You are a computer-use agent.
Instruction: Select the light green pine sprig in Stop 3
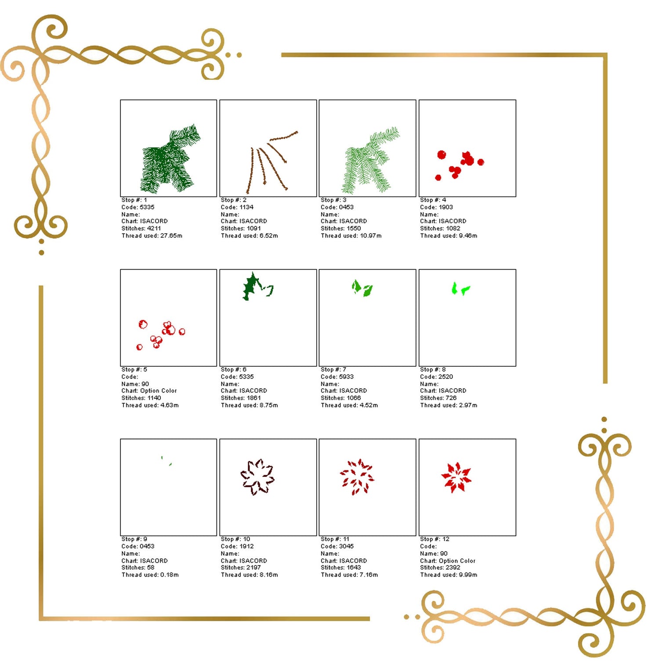369,160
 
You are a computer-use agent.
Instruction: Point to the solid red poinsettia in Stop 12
456,477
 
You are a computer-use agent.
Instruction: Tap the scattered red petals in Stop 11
357,477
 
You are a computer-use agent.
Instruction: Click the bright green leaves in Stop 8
460,289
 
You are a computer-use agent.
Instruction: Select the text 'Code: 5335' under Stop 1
138,207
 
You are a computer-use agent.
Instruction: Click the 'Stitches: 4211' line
141,228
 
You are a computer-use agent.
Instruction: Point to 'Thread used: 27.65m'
152,236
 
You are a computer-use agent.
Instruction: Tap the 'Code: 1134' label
237,207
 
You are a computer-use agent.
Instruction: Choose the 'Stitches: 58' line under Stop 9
138,567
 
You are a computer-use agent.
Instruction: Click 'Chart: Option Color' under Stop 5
149,391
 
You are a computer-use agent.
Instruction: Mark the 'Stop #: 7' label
333,370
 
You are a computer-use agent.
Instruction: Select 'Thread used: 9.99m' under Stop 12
449,575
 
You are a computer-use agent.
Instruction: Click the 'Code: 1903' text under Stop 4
436,207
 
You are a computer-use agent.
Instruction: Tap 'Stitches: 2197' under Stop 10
241,567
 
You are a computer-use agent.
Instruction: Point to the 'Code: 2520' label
436,377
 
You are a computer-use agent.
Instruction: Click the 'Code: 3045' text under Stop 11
337,546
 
